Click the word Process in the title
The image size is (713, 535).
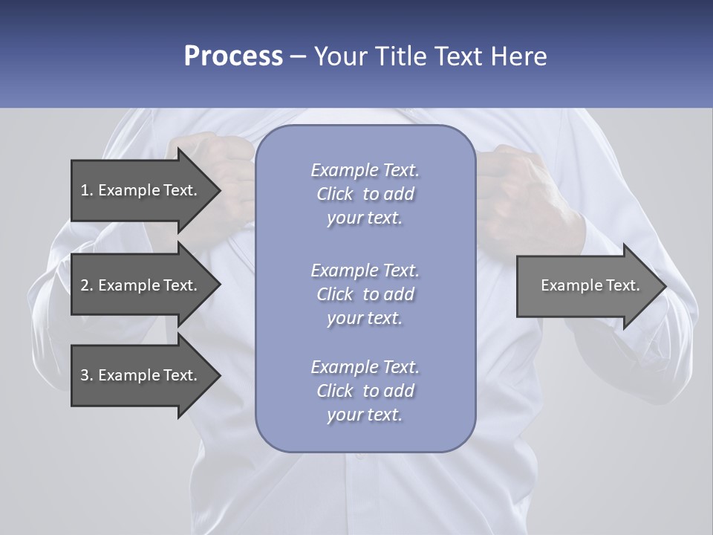point(233,56)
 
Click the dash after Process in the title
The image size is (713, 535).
point(298,57)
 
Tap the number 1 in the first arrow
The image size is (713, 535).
point(85,190)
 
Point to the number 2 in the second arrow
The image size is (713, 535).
point(85,285)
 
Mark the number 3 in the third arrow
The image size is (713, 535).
point(85,375)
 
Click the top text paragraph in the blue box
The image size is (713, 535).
point(365,194)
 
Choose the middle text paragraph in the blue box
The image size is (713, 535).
point(365,294)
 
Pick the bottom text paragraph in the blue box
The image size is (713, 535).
point(365,391)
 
